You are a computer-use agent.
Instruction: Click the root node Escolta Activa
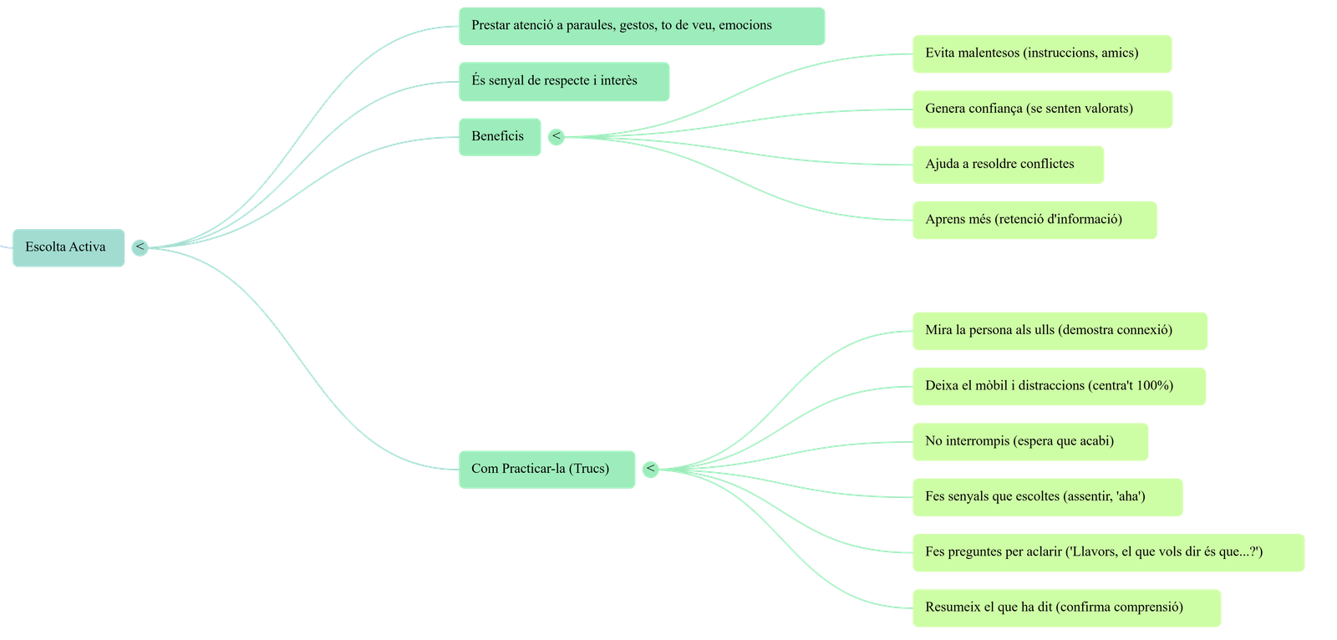point(67,247)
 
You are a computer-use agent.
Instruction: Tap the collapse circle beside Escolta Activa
point(140,247)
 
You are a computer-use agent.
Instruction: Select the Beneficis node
point(499,136)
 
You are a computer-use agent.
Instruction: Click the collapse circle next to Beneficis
point(556,136)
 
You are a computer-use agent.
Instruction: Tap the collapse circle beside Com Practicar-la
point(650,470)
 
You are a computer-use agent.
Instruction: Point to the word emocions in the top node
point(745,25)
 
